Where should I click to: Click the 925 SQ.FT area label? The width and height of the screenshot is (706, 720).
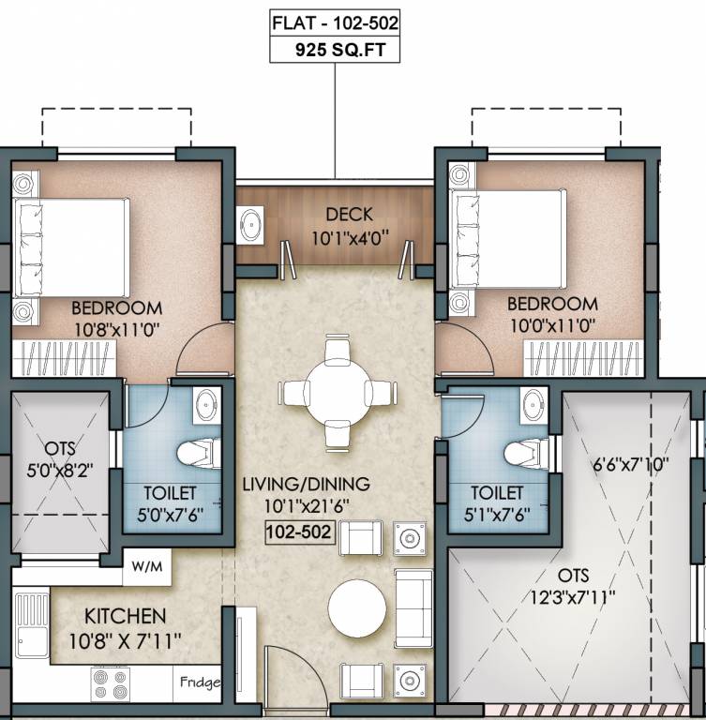[340, 50]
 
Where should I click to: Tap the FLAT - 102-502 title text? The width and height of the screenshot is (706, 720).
[335, 22]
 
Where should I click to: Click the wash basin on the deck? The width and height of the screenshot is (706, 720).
[250, 225]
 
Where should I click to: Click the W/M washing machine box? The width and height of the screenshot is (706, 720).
[147, 566]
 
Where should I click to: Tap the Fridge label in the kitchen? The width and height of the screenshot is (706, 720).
[200, 682]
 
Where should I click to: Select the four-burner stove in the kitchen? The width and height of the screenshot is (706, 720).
[111, 684]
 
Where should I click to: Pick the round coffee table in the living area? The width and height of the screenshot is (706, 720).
[357, 607]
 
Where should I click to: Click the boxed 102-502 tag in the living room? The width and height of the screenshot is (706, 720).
[300, 532]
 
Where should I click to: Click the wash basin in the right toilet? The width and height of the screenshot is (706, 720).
[533, 405]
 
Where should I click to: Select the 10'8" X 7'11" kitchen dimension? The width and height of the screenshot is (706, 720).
[125, 641]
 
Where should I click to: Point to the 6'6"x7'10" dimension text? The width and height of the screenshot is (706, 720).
[630, 465]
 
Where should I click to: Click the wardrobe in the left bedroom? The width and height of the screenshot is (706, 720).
[64, 359]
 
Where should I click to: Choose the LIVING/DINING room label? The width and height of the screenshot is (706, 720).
[306, 484]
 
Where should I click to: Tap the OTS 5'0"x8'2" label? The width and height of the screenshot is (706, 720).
[60, 459]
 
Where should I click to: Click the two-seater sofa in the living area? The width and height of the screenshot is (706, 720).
[413, 608]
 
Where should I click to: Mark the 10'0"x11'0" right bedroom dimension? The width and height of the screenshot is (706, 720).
[552, 326]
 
